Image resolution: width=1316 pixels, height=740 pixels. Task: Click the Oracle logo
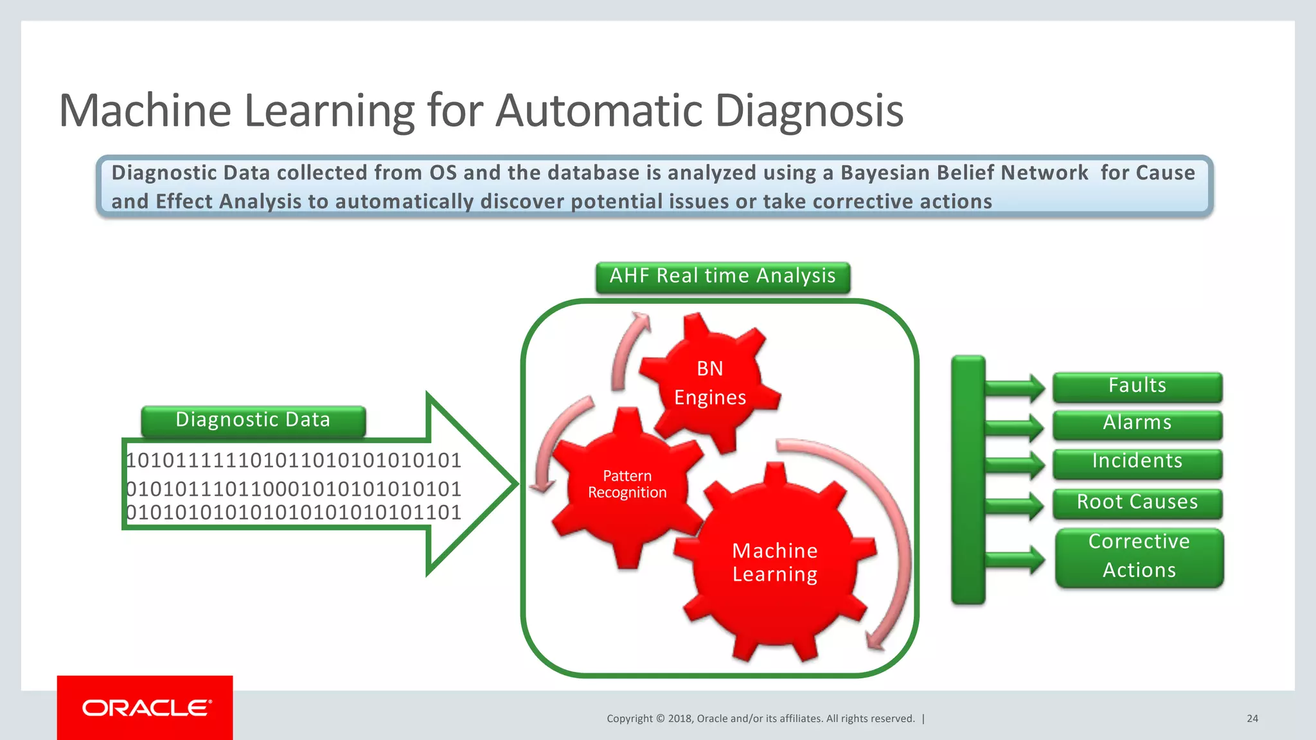click(146, 708)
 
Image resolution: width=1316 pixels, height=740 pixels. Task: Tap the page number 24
click(1252, 718)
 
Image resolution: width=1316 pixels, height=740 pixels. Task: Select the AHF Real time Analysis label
click(722, 277)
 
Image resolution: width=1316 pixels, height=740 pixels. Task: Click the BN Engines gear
click(710, 383)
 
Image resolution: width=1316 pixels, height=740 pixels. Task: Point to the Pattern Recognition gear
click(627, 485)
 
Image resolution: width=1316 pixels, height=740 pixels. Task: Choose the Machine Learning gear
click(775, 562)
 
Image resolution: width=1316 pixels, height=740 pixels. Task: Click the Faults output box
click(1137, 387)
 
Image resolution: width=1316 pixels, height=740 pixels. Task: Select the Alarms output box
click(1137, 424)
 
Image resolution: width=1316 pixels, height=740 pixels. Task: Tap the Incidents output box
click(1137, 463)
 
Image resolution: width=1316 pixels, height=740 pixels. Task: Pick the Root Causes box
click(1137, 503)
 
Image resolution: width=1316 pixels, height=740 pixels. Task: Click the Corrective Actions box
click(1139, 557)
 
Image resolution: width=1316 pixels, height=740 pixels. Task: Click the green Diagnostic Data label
click(253, 421)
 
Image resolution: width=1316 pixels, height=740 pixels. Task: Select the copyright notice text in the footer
click(761, 718)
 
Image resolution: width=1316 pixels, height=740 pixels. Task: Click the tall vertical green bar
click(968, 479)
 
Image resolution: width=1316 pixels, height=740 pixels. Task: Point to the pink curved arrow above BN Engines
click(627, 350)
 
